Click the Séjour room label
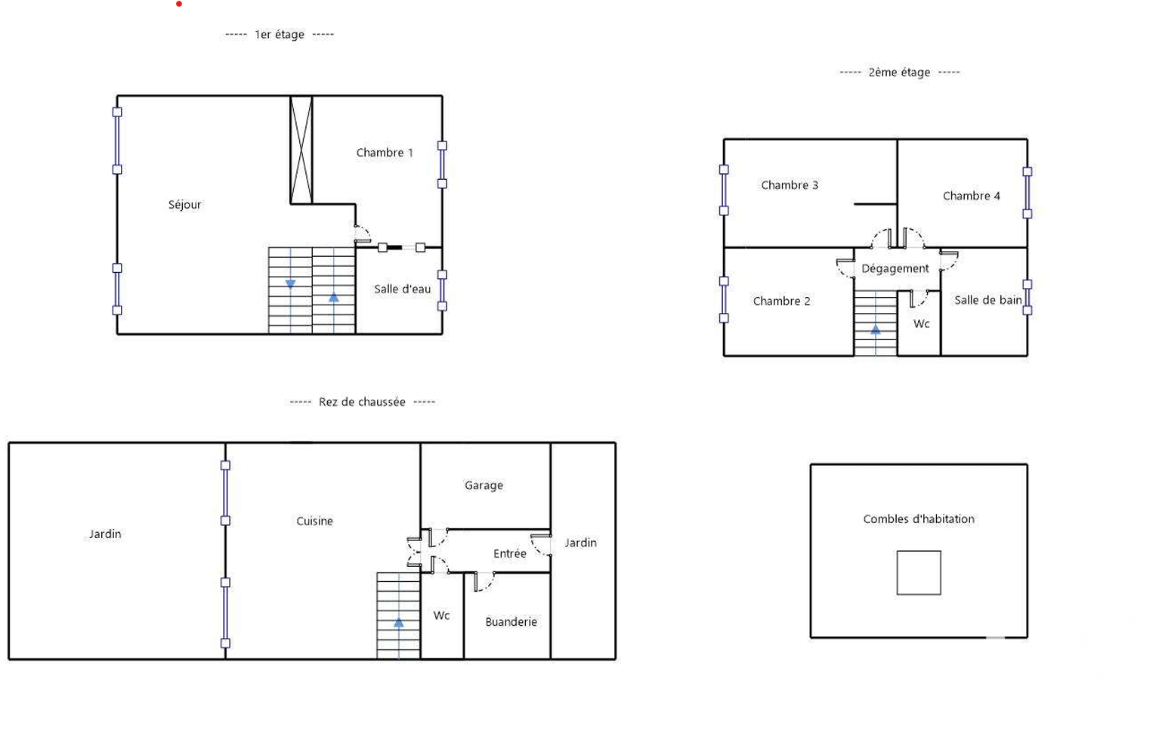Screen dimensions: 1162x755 click(184, 205)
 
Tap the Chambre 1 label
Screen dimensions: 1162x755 click(385, 153)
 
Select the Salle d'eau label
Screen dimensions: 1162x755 click(403, 289)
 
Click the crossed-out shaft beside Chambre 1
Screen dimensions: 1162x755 click(301, 150)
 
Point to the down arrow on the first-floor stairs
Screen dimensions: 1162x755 click(290, 284)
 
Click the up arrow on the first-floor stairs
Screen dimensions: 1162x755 click(333, 297)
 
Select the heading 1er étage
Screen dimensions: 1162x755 click(280, 35)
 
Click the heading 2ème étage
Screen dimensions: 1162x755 click(900, 73)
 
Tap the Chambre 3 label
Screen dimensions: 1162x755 click(790, 185)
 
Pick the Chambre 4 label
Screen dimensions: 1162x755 click(971, 196)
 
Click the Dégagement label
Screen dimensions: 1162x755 click(895, 269)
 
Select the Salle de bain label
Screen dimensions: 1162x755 click(988, 300)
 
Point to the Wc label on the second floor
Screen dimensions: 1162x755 click(921, 323)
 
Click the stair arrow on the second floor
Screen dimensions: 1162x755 click(876, 329)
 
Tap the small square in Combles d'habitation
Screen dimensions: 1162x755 click(919, 573)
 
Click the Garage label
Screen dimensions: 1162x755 click(484, 486)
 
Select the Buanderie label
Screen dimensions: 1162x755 click(511, 622)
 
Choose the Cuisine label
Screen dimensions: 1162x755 click(315, 521)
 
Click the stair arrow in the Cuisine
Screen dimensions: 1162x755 click(398, 622)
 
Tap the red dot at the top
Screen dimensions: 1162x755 click(179, 4)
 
